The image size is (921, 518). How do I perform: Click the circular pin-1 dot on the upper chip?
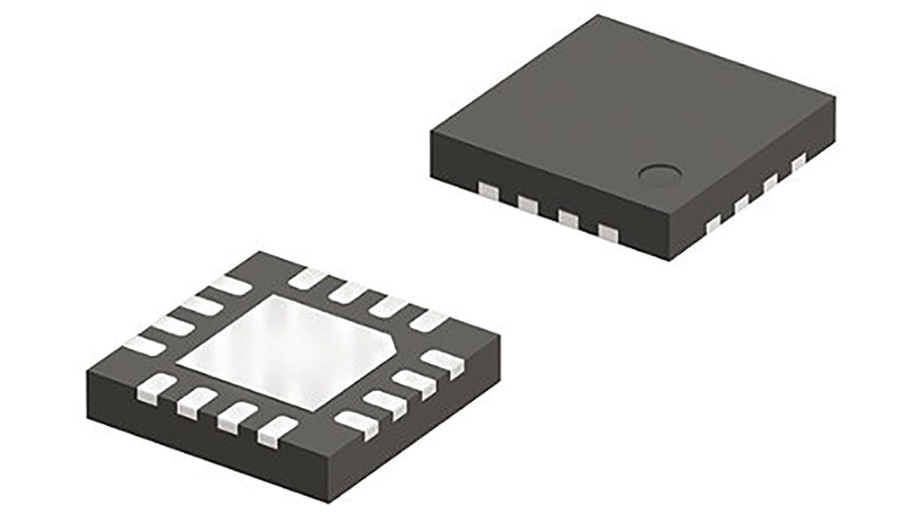pyautogui.click(x=660, y=173)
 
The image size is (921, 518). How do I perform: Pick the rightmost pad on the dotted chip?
pyautogui.click(x=798, y=160)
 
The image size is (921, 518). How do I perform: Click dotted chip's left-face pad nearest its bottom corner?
pyautogui.click(x=608, y=232)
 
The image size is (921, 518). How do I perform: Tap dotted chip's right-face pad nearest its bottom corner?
pyautogui.click(x=713, y=225)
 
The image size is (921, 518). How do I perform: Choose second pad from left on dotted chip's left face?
pyautogui.click(x=528, y=205)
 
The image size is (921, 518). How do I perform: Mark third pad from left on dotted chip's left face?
pyautogui.click(x=568, y=219)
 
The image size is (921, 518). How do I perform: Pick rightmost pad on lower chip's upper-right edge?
pyautogui.click(x=428, y=321)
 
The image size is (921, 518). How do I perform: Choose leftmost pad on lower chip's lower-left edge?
pyautogui.click(x=156, y=386)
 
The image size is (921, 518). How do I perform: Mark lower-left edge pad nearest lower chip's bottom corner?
pyautogui.click(x=277, y=431)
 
